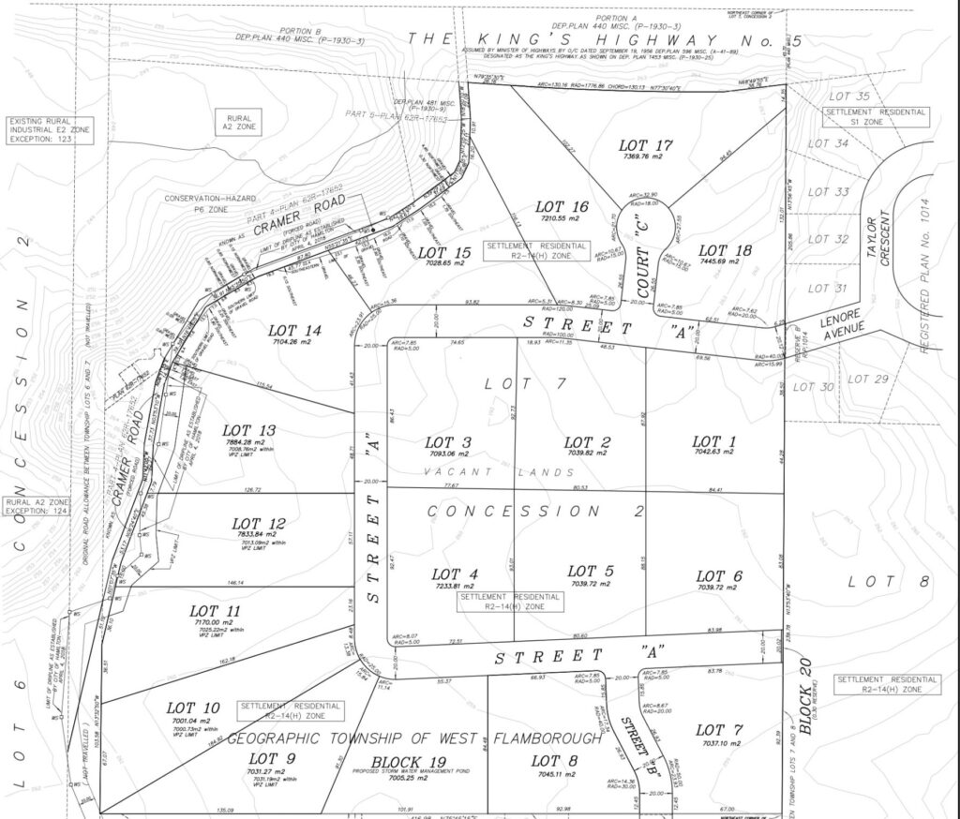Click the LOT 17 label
pyautogui.click(x=646, y=145)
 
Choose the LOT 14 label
pyautogui.click(x=294, y=330)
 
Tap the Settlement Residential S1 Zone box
pyautogui.click(x=876, y=117)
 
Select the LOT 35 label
pyautogui.click(x=851, y=97)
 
